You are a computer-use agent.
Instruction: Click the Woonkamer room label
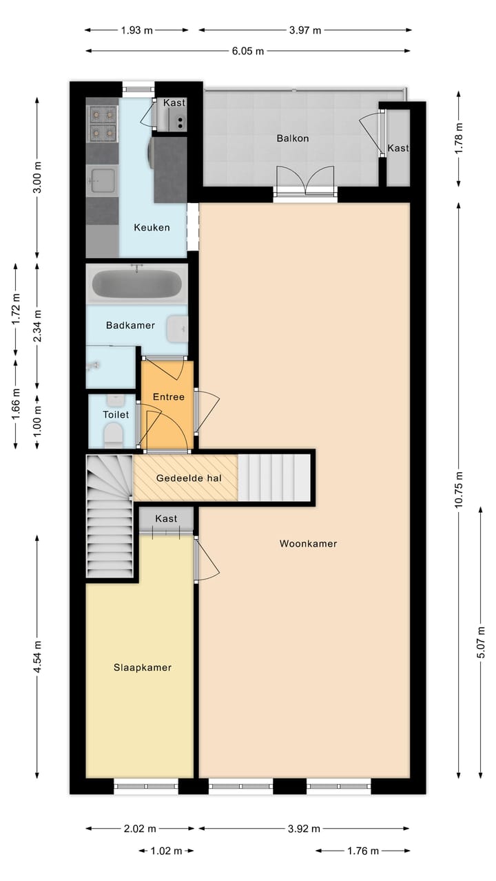pyautogui.click(x=308, y=544)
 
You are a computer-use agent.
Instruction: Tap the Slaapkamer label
pyautogui.click(x=143, y=668)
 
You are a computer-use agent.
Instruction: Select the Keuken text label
pyautogui.click(x=152, y=228)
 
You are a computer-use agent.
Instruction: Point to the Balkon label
pyautogui.click(x=293, y=138)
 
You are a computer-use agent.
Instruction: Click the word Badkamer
pyautogui.click(x=130, y=325)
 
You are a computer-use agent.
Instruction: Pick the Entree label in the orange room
pyautogui.click(x=168, y=397)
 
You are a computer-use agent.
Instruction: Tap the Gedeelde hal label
pyautogui.click(x=185, y=478)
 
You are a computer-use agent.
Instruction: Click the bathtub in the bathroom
pyautogui.click(x=137, y=284)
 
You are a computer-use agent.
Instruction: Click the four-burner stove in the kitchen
pyautogui.click(x=102, y=122)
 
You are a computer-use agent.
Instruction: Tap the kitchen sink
pyautogui.click(x=101, y=180)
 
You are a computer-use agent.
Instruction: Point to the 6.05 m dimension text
pyautogui.click(x=247, y=51)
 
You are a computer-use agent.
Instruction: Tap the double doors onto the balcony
pyautogui.click(x=305, y=183)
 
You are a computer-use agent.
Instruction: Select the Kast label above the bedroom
pyautogui.click(x=166, y=518)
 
